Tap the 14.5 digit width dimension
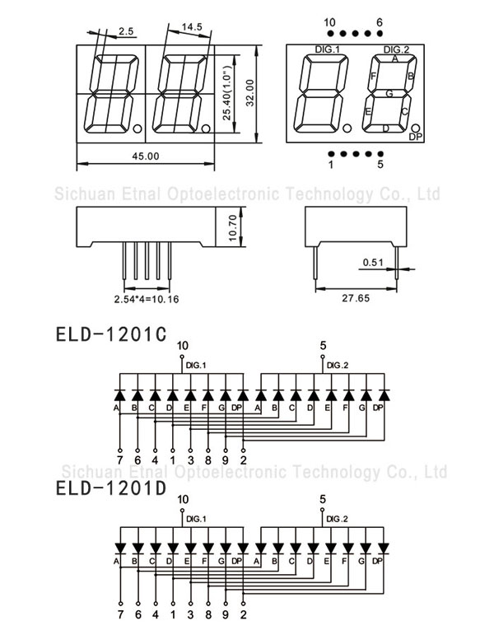192,27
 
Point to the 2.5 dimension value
126,32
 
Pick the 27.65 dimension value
357,298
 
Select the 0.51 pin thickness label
373,263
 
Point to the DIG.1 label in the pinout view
327,50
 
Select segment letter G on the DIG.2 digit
389,92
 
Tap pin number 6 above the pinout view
380,21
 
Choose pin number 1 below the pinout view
331,165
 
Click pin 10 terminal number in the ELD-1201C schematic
183,345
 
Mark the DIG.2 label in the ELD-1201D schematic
337,519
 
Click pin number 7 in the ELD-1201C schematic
119,460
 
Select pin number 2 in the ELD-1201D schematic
244,614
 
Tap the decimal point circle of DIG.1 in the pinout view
347,128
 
